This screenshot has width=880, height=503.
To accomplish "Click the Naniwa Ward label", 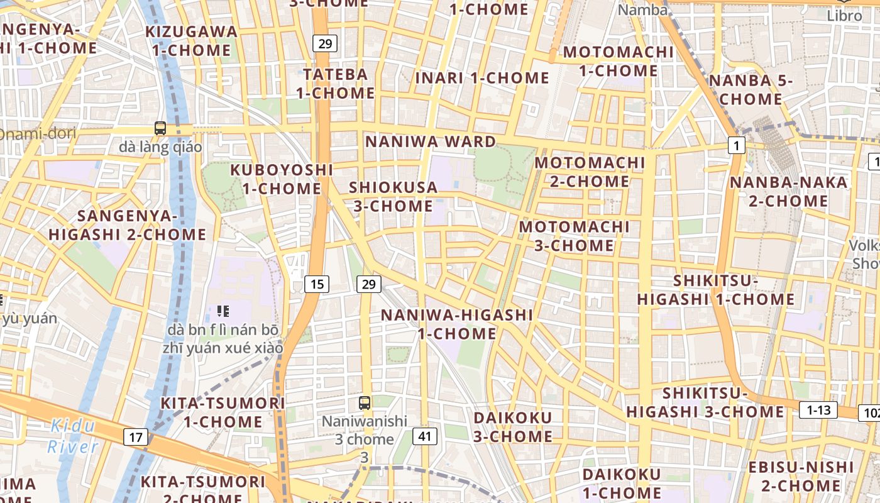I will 431,141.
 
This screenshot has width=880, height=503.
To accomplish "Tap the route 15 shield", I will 317,284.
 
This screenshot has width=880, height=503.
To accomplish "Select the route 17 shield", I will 136,437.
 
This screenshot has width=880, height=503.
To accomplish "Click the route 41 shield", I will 425,436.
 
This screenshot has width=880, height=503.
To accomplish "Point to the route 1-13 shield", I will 818,411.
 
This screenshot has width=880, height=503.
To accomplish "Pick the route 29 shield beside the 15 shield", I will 368,284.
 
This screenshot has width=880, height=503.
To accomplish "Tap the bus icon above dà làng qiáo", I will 160,128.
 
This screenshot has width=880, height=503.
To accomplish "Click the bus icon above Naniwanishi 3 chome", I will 364,403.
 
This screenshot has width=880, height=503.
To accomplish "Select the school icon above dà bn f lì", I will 223,311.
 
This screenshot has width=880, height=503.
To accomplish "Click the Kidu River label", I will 74,436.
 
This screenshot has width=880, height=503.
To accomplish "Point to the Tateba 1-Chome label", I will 336,84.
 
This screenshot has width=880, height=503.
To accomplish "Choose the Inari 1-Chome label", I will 482,79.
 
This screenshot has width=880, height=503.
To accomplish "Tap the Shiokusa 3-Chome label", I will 393,196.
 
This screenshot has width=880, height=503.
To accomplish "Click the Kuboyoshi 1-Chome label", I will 282,179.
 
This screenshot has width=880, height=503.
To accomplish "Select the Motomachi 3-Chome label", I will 575,236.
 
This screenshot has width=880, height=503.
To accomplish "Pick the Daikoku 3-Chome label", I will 513,427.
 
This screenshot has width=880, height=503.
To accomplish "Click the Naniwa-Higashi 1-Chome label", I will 458,324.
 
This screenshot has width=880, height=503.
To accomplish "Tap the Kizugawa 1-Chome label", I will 192,41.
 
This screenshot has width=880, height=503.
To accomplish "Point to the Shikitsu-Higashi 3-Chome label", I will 705,402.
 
